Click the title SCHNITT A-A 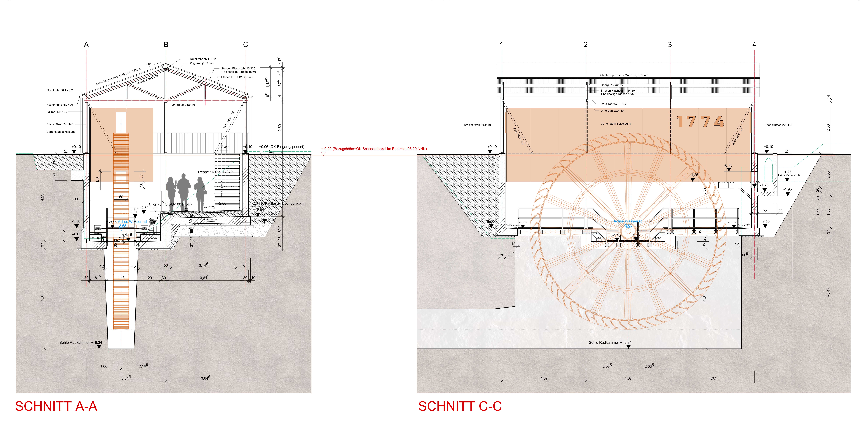(x=56, y=406)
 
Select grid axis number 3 (x=670, y=44)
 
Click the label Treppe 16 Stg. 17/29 (x=215, y=172)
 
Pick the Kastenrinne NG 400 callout (x=60, y=105)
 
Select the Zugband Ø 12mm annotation (x=202, y=63)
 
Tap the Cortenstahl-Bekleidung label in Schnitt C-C (x=616, y=124)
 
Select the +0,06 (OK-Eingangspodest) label (x=282, y=147)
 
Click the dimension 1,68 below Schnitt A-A (x=104, y=366)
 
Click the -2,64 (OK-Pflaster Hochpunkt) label (x=276, y=203)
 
